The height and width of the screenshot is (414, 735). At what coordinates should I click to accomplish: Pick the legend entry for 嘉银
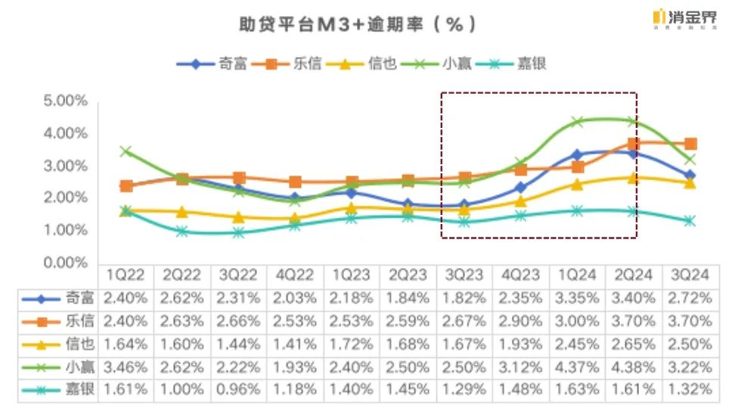530,64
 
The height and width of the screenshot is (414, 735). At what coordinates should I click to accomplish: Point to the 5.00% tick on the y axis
67,101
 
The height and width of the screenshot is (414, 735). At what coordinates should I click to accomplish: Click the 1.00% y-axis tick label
67,230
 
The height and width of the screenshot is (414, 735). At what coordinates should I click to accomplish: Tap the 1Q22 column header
126,275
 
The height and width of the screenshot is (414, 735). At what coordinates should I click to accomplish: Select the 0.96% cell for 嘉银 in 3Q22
239,390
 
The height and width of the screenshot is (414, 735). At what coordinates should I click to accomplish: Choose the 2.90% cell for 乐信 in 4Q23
521,321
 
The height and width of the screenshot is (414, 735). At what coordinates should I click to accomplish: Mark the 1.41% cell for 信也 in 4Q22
296,344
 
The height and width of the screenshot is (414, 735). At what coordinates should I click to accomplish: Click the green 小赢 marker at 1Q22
126,151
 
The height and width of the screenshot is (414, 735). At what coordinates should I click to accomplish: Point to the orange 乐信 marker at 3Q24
690,144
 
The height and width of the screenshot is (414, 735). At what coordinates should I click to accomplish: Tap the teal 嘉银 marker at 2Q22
182,231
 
